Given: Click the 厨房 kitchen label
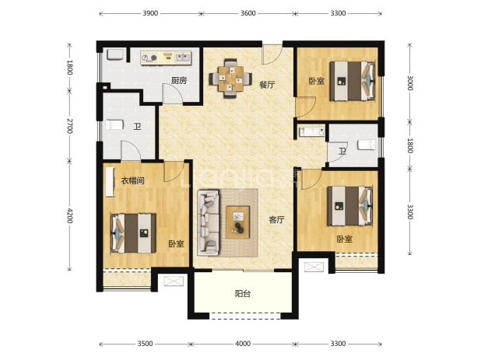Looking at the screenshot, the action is [x=179, y=81].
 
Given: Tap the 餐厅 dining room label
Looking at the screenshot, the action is [x=267, y=85].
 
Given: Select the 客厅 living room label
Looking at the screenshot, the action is [x=276, y=220].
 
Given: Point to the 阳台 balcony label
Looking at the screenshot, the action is [x=243, y=294].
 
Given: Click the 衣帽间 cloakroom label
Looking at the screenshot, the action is [x=132, y=180].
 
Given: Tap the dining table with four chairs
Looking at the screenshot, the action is [x=230, y=79].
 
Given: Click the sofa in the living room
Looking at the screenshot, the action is [x=209, y=222].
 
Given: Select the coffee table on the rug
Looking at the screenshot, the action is [x=237, y=222].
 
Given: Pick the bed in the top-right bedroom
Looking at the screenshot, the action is [x=353, y=81].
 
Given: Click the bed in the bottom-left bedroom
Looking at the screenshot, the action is [x=133, y=233].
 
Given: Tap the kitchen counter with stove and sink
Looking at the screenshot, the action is [x=166, y=58].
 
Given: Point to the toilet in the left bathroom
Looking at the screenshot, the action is [x=114, y=124].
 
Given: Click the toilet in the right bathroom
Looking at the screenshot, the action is [x=367, y=145].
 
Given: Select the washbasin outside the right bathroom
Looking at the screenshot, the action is [x=311, y=131].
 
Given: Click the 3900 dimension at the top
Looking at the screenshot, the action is [x=150, y=13].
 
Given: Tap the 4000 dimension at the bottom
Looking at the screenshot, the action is [x=243, y=344].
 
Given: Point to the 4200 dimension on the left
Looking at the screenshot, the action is [x=69, y=215].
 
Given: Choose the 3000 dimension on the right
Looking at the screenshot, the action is [x=410, y=82].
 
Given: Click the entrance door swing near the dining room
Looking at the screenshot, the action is [x=272, y=55].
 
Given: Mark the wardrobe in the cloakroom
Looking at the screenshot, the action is [x=110, y=182].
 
